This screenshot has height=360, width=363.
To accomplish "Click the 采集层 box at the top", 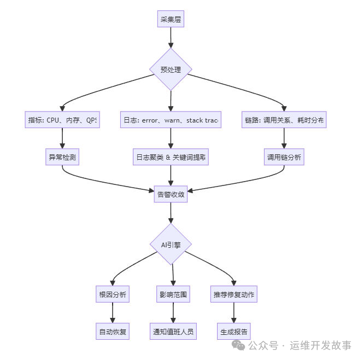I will click(x=171, y=20).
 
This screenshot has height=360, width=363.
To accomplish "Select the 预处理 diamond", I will click(x=171, y=69).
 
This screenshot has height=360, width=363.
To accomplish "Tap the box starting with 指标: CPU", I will click(x=62, y=120).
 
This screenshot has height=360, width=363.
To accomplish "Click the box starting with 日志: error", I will click(x=171, y=120).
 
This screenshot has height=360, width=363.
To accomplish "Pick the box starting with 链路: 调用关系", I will click(x=284, y=120).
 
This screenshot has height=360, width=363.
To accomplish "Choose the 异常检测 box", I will click(x=62, y=158).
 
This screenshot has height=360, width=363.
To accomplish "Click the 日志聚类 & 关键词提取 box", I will click(x=171, y=158).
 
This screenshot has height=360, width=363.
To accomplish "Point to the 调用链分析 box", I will click(x=284, y=158).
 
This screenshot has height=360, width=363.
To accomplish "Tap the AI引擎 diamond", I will click(x=171, y=245).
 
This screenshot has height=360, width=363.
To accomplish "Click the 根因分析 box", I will click(x=112, y=294).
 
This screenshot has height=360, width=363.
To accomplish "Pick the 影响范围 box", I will click(x=173, y=294).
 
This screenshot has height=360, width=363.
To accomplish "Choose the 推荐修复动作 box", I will click(x=234, y=294).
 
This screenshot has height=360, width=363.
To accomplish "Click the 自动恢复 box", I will click(x=112, y=332).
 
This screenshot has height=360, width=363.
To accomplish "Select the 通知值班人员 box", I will click(x=173, y=332).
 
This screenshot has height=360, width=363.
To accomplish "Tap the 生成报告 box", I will click(x=234, y=332).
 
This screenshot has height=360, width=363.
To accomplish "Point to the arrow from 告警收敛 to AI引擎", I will click(x=171, y=212).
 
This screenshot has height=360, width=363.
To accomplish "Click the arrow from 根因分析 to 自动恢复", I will click(x=112, y=313).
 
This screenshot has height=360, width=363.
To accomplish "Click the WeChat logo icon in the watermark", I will click(x=238, y=345).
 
